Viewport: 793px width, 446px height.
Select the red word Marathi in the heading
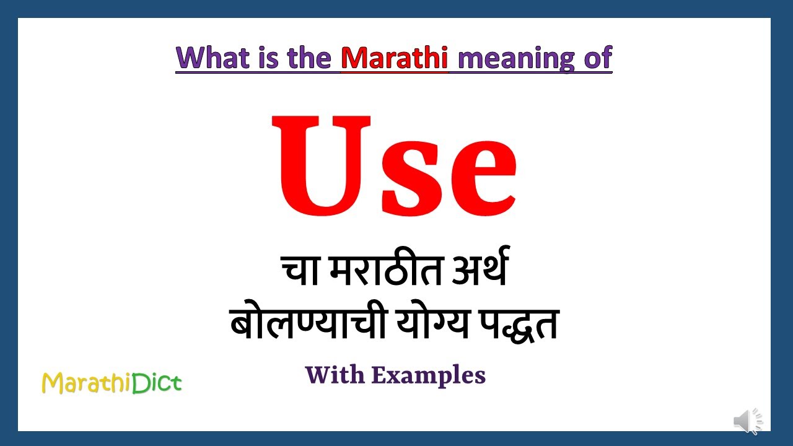[x=395, y=58]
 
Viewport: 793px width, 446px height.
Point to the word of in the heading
[x=597, y=58]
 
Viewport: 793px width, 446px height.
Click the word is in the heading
[x=267, y=58]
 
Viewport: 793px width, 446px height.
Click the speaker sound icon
[x=748, y=422]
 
